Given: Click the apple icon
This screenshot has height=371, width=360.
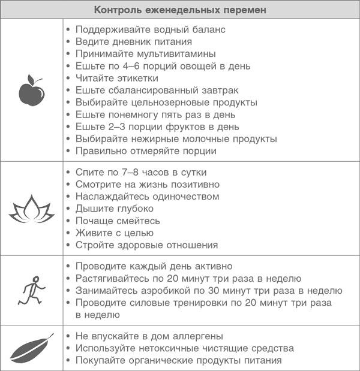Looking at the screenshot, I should tap(31, 91).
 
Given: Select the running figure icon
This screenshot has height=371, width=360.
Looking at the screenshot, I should tap(31, 290).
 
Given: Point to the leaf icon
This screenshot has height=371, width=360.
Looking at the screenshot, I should tap(31, 348).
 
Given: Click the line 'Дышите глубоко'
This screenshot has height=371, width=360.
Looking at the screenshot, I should tap(114, 209).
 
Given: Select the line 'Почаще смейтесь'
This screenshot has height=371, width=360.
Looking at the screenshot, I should tap(117, 221).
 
